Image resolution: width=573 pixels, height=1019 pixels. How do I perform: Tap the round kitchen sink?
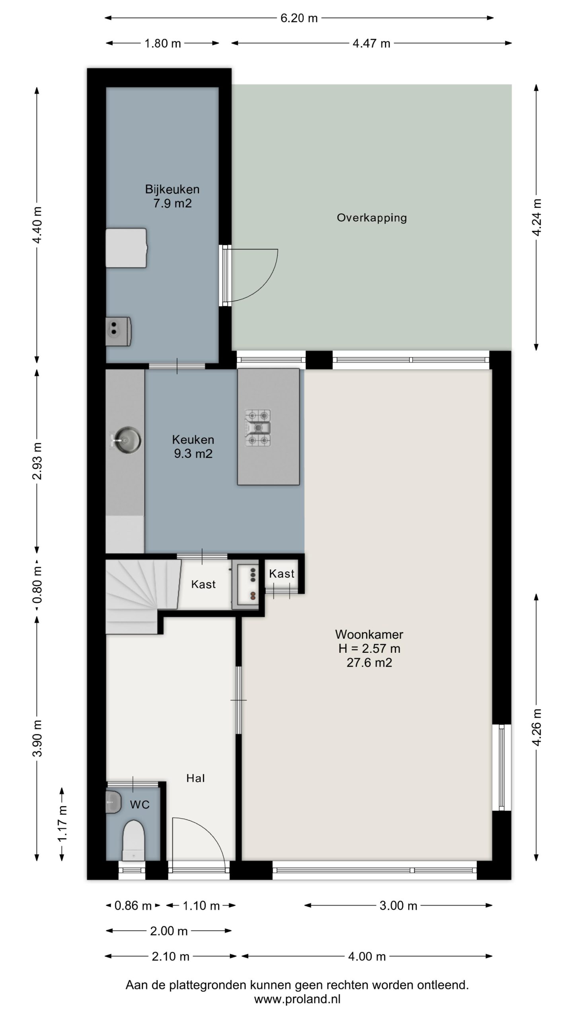[x=126, y=440]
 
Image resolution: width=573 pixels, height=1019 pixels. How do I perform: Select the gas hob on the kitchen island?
[x=258, y=428]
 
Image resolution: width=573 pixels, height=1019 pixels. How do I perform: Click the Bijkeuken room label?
[x=172, y=189]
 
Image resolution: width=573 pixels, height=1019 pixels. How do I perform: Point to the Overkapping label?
[x=372, y=218]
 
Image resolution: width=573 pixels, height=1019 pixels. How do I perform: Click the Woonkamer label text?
[x=369, y=634]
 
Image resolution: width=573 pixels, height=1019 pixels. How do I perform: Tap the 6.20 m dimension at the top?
[x=299, y=18]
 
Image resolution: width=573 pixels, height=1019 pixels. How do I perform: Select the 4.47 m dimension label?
[x=371, y=43]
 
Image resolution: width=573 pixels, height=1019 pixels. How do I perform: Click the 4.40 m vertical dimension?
[x=37, y=225]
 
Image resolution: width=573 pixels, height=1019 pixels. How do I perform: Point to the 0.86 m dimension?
[x=133, y=906]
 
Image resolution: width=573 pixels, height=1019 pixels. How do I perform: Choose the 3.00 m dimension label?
[x=398, y=906]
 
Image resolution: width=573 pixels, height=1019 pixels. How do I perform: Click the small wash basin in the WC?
[x=113, y=802]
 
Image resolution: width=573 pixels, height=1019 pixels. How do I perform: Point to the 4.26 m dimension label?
[x=536, y=727]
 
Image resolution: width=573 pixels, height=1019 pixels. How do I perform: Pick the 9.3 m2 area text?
[x=193, y=454]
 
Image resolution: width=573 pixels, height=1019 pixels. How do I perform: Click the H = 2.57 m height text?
[x=369, y=648]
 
